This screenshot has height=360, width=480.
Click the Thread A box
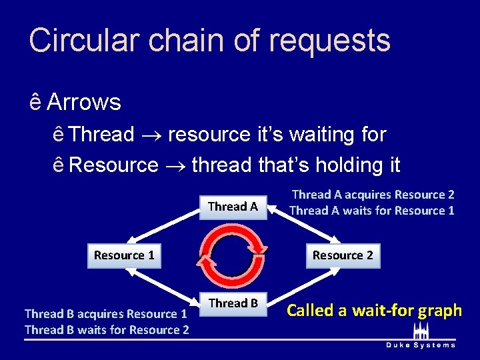click(x=233, y=206)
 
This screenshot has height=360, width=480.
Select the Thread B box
click(x=233, y=303)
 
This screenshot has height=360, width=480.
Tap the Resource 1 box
click(x=124, y=255)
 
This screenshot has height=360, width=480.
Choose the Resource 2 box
click(x=343, y=255)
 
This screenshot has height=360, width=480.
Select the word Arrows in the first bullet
click(x=84, y=102)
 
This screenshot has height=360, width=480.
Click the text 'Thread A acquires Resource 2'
click(x=373, y=195)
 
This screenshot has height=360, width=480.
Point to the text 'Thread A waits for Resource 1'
click(x=371, y=211)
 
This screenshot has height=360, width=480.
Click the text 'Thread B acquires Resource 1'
click(x=105, y=314)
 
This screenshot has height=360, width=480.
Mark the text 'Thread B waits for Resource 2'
click(x=107, y=329)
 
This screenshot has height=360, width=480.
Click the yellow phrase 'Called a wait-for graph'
click(x=374, y=310)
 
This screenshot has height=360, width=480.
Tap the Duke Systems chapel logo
click(x=421, y=331)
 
